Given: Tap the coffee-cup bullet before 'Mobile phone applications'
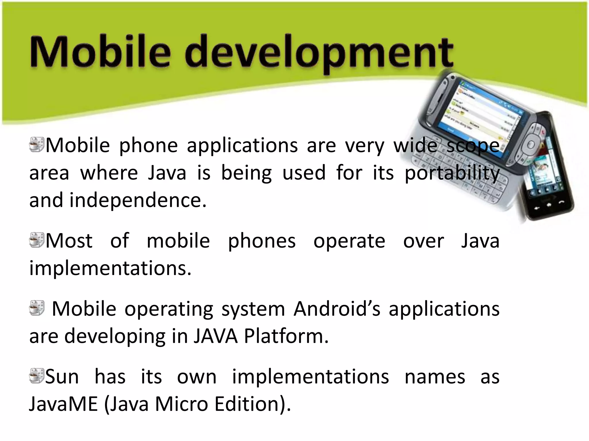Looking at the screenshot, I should tap(37, 144).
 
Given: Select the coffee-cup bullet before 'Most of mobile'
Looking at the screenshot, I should tap(37, 240).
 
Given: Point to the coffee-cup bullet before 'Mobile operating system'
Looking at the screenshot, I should tap(37, 308).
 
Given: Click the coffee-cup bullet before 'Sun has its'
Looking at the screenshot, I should tap(37, 376).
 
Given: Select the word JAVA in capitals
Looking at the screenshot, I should tap(215, 336).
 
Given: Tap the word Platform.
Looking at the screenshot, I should tap(286, 336).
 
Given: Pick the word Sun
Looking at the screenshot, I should tap(62, 377).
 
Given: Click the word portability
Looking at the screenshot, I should tap(452, 173).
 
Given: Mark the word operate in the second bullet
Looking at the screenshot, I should tap(349, 241).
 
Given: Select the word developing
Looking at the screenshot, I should tap(115, 336).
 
